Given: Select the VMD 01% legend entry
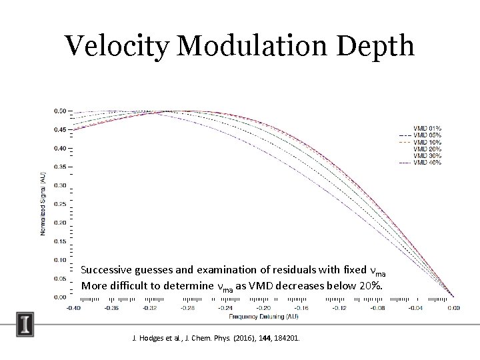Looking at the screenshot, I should tap(427, 128).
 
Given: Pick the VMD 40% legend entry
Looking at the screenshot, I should tap(427, 163).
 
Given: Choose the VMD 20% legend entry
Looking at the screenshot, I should tap(427, 149).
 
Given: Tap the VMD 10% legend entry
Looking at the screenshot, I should tap(427, 142).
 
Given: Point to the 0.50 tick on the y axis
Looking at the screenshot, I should tap(60, 111).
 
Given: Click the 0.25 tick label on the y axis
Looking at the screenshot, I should tap(60, 204).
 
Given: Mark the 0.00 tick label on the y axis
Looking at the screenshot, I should tap(60, 297).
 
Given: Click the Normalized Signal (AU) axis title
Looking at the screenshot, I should tap(43, 203).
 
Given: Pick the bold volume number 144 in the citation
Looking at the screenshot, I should tap(264, 338).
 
